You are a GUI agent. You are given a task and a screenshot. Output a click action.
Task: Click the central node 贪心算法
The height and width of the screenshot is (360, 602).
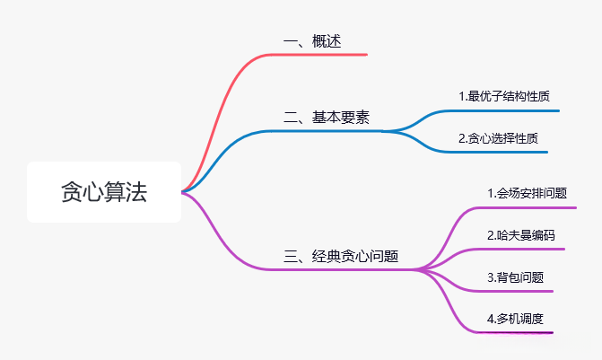(104, 192)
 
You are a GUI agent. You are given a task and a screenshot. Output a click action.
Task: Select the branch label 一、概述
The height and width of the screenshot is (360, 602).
(311, 41)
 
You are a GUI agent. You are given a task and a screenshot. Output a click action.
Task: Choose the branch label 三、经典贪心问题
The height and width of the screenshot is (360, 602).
(341, 257)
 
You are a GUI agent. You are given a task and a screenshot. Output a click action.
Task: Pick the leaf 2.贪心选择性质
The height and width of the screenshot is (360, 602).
(498, 138)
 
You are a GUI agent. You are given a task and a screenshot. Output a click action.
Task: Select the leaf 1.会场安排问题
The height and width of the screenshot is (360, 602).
(527, 193)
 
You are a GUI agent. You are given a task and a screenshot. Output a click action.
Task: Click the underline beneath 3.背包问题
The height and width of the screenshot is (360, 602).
(515, 291)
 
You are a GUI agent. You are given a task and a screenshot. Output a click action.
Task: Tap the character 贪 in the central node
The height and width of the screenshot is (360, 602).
(71, 192)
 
